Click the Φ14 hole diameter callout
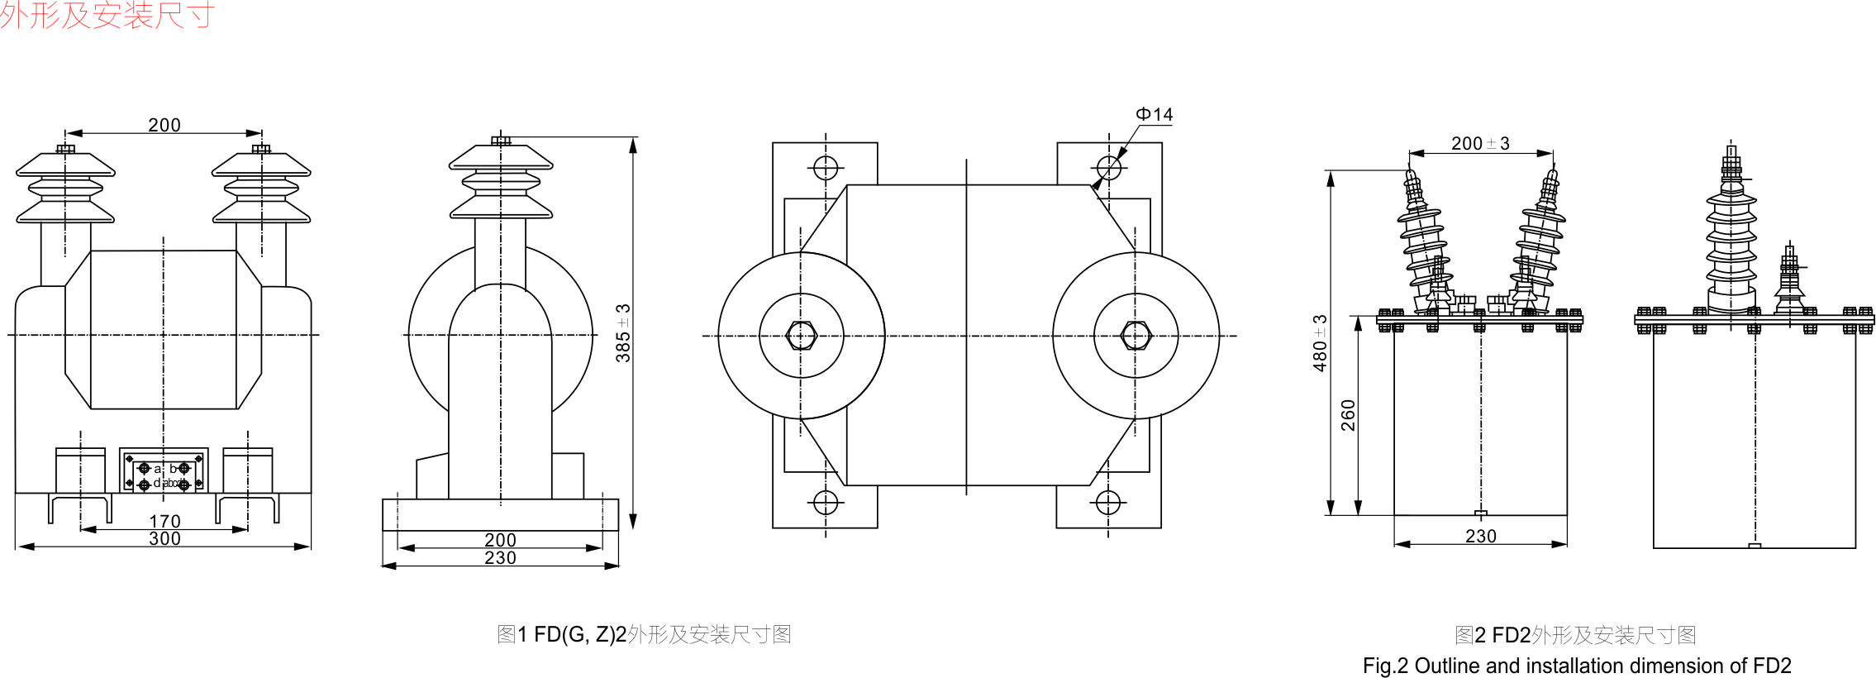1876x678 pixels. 1154,115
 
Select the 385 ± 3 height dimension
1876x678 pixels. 623,332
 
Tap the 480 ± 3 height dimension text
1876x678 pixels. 1320,342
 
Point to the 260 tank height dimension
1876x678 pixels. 1348,415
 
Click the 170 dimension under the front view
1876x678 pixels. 164,521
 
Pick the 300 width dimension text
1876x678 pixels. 164,539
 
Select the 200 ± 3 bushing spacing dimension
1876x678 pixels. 1480,144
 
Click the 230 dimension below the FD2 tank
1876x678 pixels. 1480,537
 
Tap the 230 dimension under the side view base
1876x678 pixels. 500,558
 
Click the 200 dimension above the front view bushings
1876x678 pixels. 164,125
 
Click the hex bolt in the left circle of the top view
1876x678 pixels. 801,336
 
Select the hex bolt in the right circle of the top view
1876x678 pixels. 1136,336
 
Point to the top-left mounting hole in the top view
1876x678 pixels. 826,168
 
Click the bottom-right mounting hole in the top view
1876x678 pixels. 1107,502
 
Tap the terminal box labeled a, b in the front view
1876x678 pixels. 164,471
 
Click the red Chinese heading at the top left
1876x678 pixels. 107,15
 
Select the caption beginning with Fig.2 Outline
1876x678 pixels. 1577,666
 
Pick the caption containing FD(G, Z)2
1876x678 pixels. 644,634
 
